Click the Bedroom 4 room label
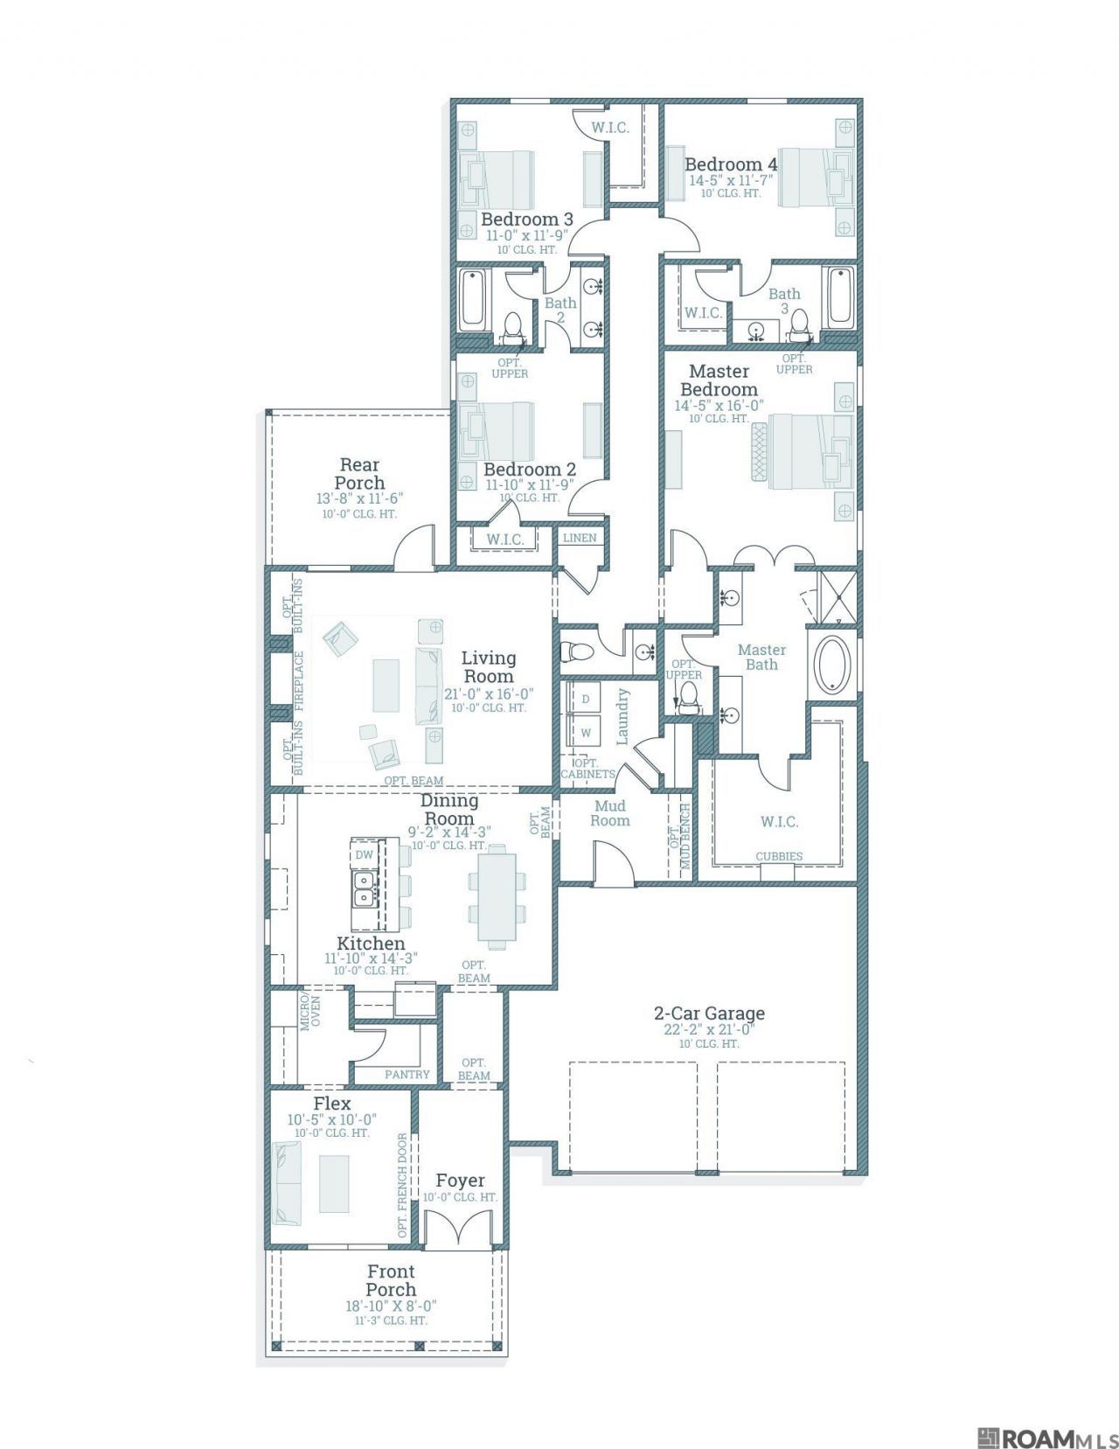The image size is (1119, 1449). (x=731, y=164)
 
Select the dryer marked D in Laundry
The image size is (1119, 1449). (x=586, y=699)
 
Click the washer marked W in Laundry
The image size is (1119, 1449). (x=586, y=732)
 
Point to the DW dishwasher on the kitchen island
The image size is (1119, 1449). (x=364, y=855)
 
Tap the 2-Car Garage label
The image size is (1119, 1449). (x=708, y=1014)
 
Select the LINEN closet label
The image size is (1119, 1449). (x=579, y=538)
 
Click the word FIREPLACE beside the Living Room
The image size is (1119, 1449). (x=299, y=681)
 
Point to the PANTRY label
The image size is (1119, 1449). (x=407, y=1075)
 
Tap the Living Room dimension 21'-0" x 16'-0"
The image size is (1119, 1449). (x=490, y=693)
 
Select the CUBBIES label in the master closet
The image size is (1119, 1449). (x=778, y=856)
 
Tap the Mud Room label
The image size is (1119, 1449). (x=610, y=813)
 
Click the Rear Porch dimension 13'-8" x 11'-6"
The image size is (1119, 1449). (x=360, y=498)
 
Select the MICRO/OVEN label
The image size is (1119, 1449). (x=310, y=1013)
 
